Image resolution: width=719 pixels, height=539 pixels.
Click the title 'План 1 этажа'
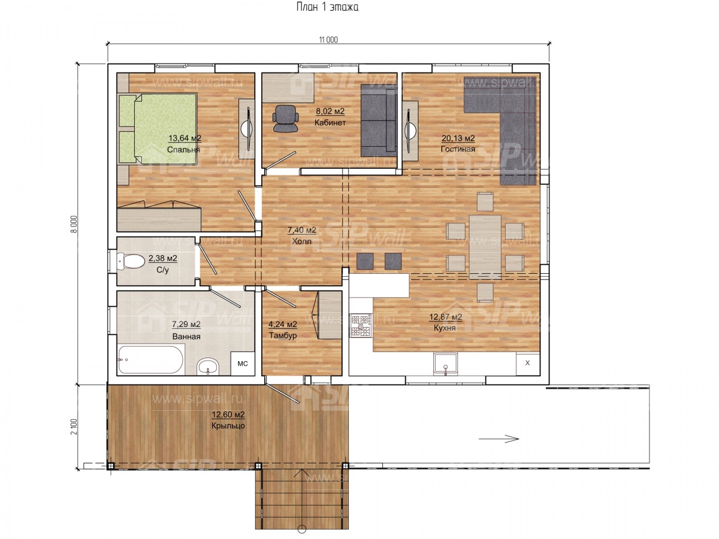pyautogui.click(x=327, y=7)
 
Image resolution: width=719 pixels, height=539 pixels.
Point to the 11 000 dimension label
pyautogui.click(x=328, y=40)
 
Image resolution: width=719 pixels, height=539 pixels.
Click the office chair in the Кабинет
pyautogui.click(x=285, y=119)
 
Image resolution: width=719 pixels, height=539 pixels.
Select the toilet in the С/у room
pyautogui.click(x=131, y=261)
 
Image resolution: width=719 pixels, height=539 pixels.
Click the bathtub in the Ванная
pyautogui.click(x=150, y=360)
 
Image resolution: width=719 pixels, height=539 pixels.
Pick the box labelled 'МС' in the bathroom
pyautogui.click(x=243, y=364)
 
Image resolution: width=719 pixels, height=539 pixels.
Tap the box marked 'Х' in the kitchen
pyautogui.click(x=527, y=364)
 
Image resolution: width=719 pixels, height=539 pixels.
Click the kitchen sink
pyautogui.click(x=446, y=364)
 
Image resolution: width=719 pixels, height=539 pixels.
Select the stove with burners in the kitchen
pyautogui.click(x=361, y=325)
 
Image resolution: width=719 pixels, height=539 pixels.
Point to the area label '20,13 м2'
pyautogui.click(x=458, y=138)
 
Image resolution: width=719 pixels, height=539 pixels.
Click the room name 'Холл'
pyautogui.click(x=301, y=241)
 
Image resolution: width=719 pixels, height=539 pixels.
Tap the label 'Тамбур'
pyautogui.click(x=283, y=335)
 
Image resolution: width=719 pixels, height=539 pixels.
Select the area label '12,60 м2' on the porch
pyautogui.click(x=228, y=414)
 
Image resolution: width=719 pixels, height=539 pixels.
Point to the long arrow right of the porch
pyautogui.click(x=499, y=438)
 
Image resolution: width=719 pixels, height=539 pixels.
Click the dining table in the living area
pyautogui.click(x=485, y=247)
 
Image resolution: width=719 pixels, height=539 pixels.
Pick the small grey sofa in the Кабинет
pyautogui.click(x=379, y=120)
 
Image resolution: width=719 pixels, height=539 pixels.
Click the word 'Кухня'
pyautogui.click(x=445, y=328)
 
